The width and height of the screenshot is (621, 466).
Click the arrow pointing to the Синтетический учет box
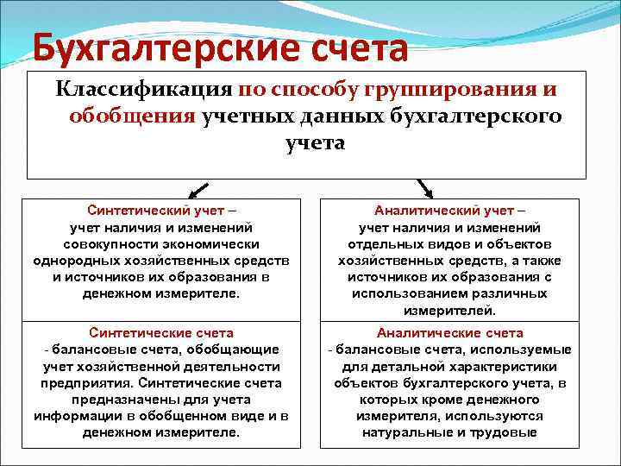[x=198, y=189]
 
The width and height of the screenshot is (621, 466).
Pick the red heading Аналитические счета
[x=449, y=332]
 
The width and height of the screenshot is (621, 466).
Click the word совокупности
[x=97, y=243]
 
